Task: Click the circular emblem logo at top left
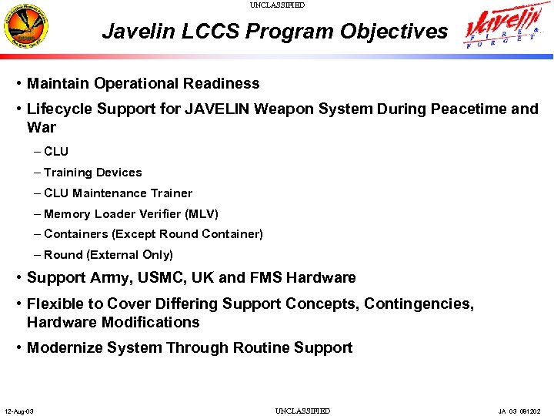click(28, 27)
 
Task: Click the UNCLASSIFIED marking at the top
click(277, 5)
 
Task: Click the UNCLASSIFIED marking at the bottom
click(302, 411)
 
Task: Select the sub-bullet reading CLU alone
click(56, 152)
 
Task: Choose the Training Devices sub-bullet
click(92, 173)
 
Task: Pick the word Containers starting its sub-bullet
click(76, 234)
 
